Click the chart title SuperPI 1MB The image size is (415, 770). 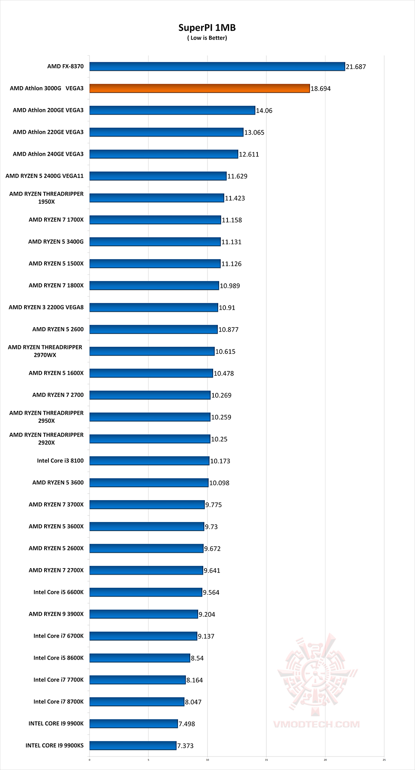pyautogui.click(x=207, y=28)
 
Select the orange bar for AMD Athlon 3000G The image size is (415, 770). pyautogui.click(x=199, y=88)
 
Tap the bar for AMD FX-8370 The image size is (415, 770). pyautogui.click(x=217, y=67)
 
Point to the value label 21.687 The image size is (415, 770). pyautogui.click(x=356, y=67)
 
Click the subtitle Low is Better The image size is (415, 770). pyautogui.click(x=207, y=38)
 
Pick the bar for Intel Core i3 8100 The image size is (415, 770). pyautogui.click(x=149, y=461)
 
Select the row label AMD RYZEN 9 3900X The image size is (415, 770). pyautogui.click(x=56, y=614)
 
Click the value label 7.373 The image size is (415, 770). pyautogui.click(x=185, y=746)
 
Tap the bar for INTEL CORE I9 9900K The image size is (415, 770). pyautogui.click(x=134, y=724)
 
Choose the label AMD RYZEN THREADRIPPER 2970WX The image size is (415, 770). pyautogui.click(x=45, y=351)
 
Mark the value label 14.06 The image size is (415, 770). pyautogui.click(x=264, y=111)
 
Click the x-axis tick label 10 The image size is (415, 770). pyautogui.click(x=207, y=760)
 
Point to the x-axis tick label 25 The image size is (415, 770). pyautogui.click(x=384, y=760)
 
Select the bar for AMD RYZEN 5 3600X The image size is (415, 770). pyautogui.click(x=147, y=527)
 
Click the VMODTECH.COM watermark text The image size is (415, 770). pyautogui.click(x=316, y=724)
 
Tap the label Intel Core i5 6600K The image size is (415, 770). pyautogui.click(x=58, y=592)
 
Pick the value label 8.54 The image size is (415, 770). pyautogui.click(x=197, y=658)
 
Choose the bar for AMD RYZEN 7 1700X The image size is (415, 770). pyautogui.click(x=155, y=220)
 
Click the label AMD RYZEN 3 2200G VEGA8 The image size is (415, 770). pyautogui.click(x=46, y=307)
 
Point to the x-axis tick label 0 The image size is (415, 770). pyautogui.click(x=90, y=760)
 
